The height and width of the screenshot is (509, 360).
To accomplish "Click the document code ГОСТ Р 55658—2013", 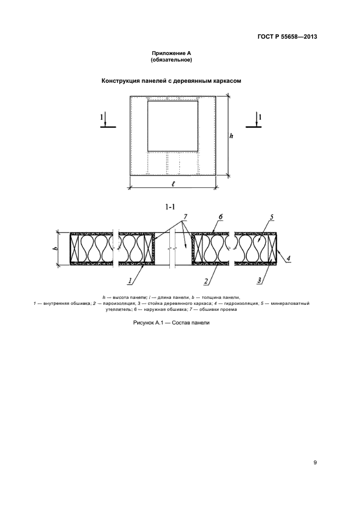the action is [x=287, y=36].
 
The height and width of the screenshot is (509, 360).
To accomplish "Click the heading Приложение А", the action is [x=172, y=53].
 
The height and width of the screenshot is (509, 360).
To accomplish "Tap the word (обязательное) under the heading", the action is [x=172, y=60].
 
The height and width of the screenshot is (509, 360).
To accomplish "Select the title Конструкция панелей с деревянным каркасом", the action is [x=172, y=81].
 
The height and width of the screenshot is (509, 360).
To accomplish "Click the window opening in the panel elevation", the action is [x=173, y=126].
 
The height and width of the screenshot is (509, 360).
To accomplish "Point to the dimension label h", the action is [x=231, y=136].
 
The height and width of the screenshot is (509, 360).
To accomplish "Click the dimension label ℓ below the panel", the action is [x=173, y=184].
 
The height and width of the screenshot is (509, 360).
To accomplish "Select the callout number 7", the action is [x=185, y=217].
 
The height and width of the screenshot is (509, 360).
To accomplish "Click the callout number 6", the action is [x=221, y=217].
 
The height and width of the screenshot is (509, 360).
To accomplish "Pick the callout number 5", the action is [x=271, y=217].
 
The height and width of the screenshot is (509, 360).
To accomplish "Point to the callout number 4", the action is [x=288, y=259].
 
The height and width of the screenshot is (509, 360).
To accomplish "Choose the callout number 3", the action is [x=259, y=281].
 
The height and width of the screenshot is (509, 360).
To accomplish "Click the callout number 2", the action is [x=206, y=281].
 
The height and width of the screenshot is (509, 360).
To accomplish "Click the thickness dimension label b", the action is [x=56, y=248].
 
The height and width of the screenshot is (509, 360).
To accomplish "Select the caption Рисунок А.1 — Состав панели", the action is [x=171, y=323].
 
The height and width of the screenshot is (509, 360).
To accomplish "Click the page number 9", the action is [x=315, y=463].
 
